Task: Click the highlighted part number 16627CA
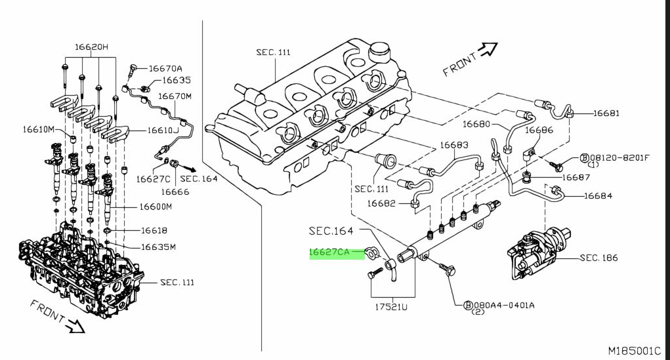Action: pos(329,252)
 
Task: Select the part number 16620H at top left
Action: pos(91,47)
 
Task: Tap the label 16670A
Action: pos(165,68)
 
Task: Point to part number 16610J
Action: pos(163,130)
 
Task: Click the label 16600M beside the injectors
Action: pos(156,207)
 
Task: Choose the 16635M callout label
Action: pos(159,247)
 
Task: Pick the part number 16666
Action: pos(175,191)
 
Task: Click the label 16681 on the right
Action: pos(606,113)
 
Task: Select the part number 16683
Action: pos(454,145)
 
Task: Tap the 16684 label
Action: pos(598,195)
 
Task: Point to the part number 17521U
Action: pos(391,307)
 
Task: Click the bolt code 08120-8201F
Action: pos(619,157)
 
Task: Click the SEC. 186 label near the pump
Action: pos(598,258)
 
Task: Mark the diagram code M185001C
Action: pos(635,351)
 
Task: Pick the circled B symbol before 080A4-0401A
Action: pos(469,305)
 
